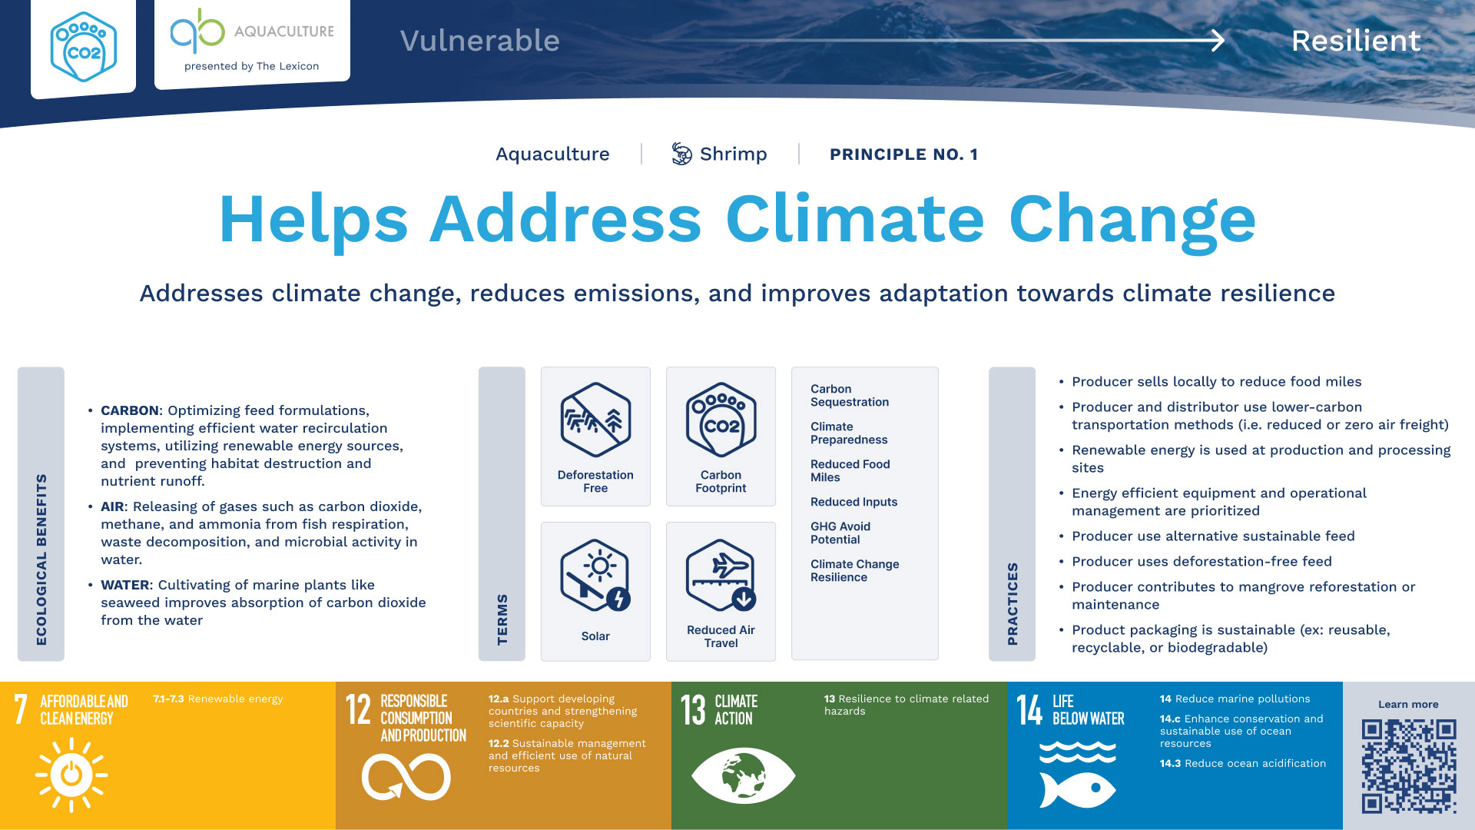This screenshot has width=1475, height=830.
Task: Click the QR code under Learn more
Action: [1409, 765]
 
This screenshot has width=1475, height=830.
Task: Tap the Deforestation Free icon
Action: [595, 420]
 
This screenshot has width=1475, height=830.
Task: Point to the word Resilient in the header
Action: [1356, 41]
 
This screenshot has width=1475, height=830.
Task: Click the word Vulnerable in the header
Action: [480, 41]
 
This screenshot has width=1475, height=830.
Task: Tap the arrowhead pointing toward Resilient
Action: [1218, 40]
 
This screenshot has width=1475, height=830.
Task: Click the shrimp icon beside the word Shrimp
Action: [681, 154]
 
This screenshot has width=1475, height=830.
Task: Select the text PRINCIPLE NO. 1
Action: [903, 154]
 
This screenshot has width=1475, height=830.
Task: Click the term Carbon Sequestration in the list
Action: [850, 395]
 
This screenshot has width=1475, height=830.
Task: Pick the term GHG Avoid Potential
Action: [840, 533]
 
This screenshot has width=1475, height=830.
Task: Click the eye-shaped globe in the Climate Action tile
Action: [744, 775]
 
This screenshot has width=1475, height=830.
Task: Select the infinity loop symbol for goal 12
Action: [406, 777]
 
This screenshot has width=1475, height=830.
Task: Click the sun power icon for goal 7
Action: [71, 775]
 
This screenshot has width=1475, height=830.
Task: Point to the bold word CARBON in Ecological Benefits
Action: [130, 410]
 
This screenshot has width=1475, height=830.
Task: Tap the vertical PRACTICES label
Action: [1013, 603]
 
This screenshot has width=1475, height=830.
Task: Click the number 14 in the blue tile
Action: [1030, 709]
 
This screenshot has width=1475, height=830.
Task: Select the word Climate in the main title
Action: [855, 220]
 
